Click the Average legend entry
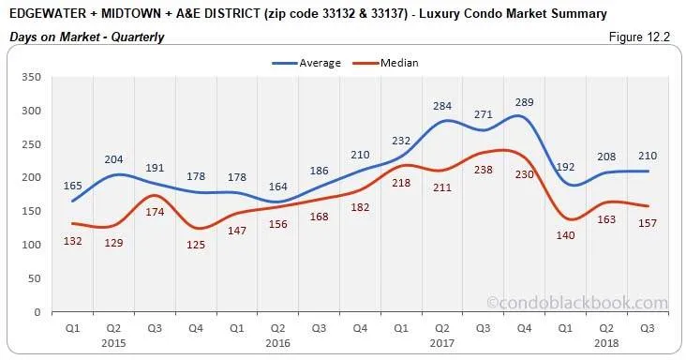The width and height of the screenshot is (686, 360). tap(315, 63)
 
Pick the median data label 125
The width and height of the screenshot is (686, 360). tap(195, 245)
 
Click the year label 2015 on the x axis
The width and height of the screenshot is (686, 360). tap(113, 344)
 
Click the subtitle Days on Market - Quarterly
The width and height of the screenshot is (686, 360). tap(87, 37)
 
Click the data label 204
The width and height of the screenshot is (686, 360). tap(113, 159)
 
